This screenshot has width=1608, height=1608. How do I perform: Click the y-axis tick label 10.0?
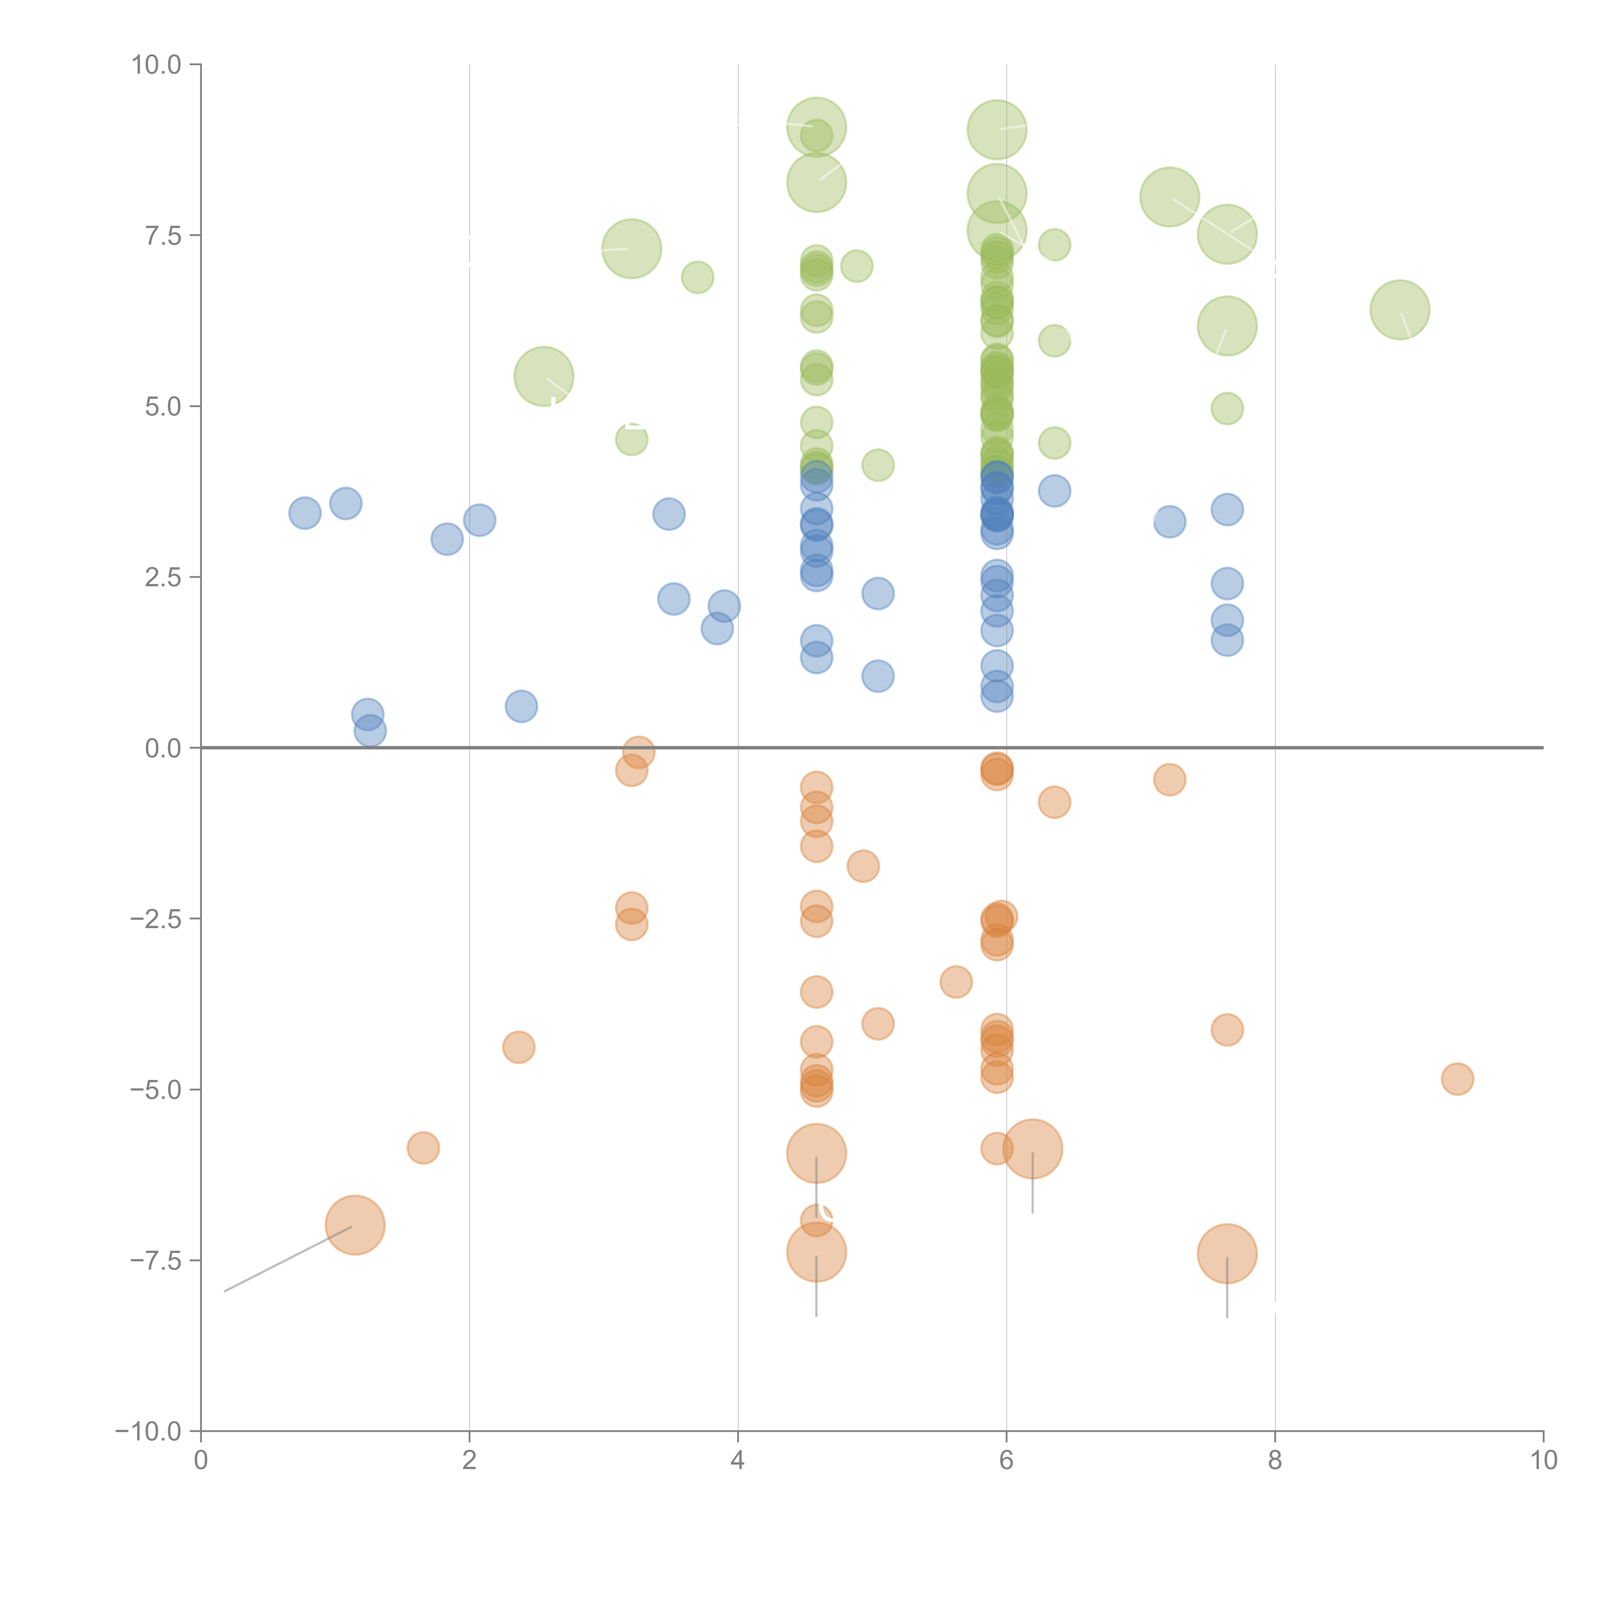(157, 65)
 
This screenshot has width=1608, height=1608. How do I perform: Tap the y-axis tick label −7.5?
(157, 1260)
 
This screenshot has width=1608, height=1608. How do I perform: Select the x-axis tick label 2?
(470, 1461)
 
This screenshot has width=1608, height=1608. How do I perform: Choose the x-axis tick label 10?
(1543, 1461)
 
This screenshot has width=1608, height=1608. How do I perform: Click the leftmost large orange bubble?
(354, 1224)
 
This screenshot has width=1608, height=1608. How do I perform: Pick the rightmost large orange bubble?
(1227, 1254)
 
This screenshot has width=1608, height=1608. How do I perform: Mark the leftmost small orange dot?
(423, 1148)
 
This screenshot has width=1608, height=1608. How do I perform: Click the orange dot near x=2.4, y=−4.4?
(518, 1047)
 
